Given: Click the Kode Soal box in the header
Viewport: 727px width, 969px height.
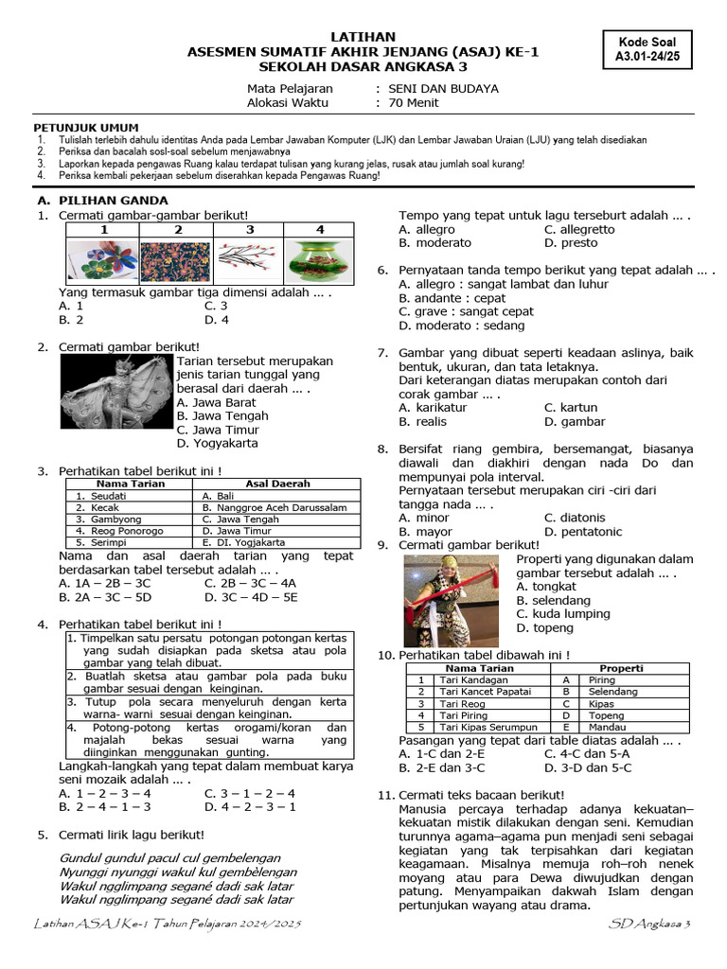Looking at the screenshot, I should point(648,50).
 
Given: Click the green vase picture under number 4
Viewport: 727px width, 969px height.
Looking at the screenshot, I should point(319,261).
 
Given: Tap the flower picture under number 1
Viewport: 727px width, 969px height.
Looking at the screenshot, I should point(103,261).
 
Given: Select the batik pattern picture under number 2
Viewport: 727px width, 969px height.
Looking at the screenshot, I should point(176,261).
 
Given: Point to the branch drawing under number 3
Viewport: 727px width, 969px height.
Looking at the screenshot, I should point(248,261).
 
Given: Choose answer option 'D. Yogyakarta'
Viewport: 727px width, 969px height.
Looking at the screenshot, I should point(217,443).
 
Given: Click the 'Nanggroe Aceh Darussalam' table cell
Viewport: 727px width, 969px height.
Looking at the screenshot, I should point(280,507).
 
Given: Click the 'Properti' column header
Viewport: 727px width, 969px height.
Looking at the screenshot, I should point(621,668).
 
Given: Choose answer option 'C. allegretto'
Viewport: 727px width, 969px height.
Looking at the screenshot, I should point(579,229).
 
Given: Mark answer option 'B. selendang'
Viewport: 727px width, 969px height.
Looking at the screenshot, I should point(554,601).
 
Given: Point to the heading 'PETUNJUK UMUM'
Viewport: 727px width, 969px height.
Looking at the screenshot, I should point(86,127).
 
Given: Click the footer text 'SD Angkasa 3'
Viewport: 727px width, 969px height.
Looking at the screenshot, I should point(651,923).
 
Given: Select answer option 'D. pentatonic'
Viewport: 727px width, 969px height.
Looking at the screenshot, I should point(584,532).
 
